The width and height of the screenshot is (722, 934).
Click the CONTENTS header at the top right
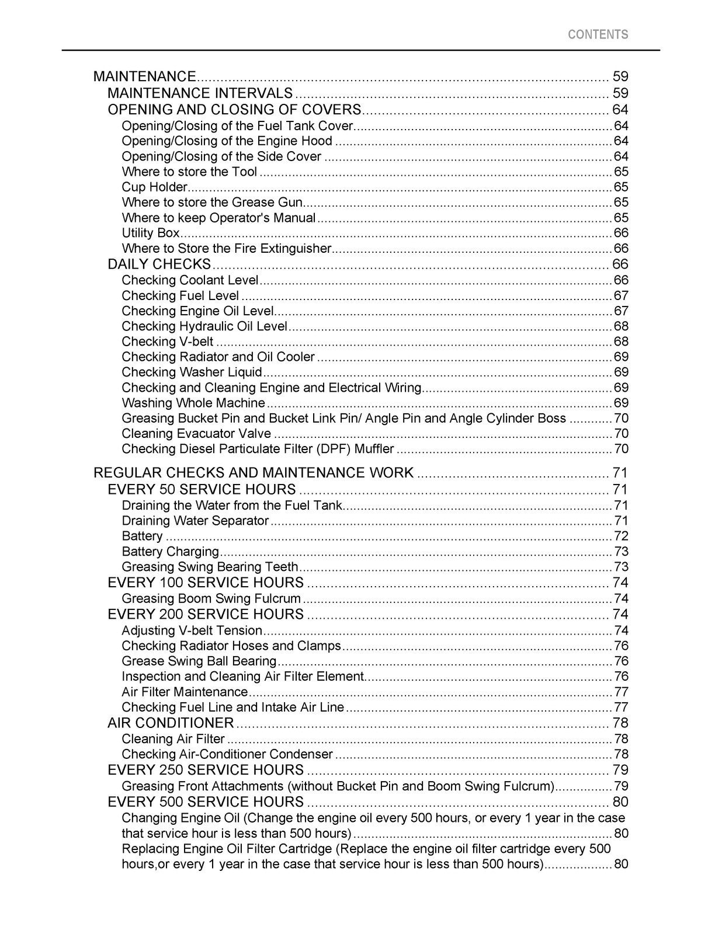(x=598, y=34)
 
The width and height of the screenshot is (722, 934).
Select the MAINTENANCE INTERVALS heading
(x=200, y=93)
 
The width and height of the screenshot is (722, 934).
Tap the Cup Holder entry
(x=154, y=187)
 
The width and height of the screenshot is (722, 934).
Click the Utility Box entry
(x=151, y=233)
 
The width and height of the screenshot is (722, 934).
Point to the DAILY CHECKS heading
(x=159, y=264)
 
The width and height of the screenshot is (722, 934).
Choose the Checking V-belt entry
(x=168, y=341)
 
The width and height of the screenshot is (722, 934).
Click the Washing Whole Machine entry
(x=193, y=403)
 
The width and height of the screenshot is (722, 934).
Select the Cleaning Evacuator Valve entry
(x=196, y=434)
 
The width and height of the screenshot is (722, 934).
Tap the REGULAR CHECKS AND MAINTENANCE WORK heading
(x=254, y=473)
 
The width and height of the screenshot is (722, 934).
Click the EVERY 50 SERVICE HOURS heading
(x=202, y=489)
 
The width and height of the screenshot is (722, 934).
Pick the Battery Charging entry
(x=170, y=552)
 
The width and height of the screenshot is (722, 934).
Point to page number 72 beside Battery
(x=621, y=536)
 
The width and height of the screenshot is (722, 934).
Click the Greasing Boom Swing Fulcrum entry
(x=211, y=599)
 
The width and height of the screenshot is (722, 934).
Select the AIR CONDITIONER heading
(x=171, y=723)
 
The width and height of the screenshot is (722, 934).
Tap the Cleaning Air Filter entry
(x=173, y=739)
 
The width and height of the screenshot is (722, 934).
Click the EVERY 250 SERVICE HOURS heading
(x=206, y=770)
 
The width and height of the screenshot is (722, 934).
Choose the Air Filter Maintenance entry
(x=185, y=692)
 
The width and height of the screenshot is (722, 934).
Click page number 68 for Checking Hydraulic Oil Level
(x=621, y=326)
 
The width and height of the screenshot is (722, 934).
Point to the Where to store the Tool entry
(x=189, y=172)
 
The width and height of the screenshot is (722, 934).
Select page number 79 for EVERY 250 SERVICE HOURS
(x=620, y=770)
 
